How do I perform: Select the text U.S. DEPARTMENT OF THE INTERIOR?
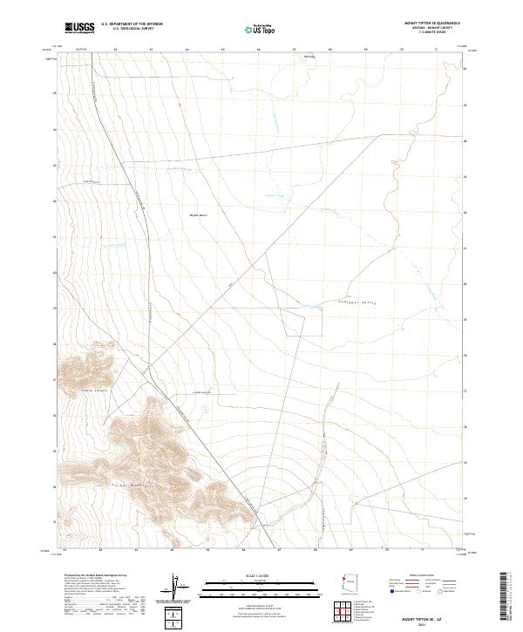[132, 24]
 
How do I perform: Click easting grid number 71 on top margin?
[435, 50]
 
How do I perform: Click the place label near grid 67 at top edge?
[308, 58]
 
